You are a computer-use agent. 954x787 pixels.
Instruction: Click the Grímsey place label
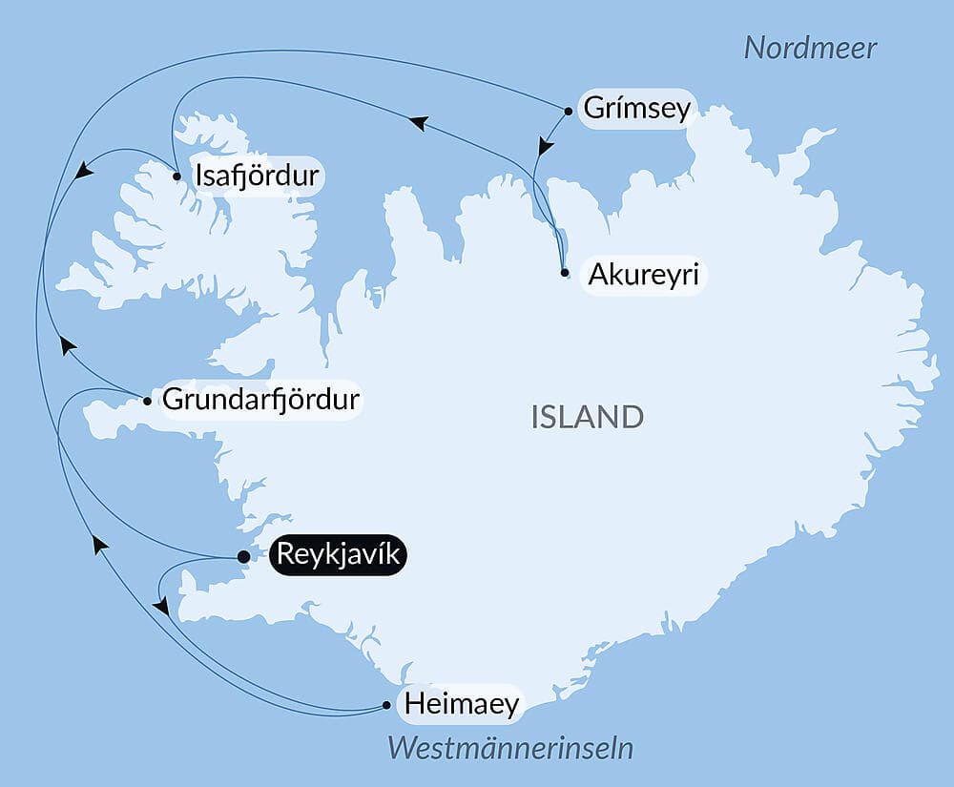click(636, 109)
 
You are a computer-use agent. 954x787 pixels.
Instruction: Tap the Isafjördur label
click(258, 176)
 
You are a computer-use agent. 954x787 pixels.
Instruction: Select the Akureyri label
click(644, 276)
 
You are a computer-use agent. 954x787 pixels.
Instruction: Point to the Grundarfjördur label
click(261, 400)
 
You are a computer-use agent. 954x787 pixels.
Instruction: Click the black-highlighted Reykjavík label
click(339, 555)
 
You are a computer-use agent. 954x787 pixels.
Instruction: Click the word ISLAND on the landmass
click(588, 417)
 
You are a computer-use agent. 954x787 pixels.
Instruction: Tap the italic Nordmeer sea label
click(810, 48)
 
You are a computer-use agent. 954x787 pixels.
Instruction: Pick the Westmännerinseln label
click(510, 749)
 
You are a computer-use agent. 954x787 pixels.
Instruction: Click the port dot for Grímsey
click(569, 111)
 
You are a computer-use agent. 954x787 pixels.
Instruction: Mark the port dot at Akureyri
click(565, 273)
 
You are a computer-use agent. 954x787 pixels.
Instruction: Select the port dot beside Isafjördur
click(177, 176)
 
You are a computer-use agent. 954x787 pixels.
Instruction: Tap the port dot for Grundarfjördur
click(146, 401)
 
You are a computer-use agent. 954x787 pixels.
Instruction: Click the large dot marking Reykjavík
click(243, 556)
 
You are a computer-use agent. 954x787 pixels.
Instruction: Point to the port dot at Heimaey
click(386, 706)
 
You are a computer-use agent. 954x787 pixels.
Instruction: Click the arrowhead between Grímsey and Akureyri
click(545, 146)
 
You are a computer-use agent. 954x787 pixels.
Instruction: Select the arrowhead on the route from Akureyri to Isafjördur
click(418, 122)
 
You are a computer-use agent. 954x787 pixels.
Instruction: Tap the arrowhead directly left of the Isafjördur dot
click(84, 171)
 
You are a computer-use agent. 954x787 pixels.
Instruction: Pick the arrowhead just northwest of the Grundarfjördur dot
click(67, 344)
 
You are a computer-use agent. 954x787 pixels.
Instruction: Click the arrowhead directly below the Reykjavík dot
click(161, 607)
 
